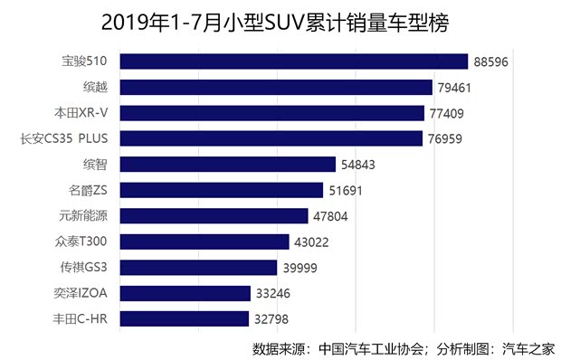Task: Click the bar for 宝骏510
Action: [x=293, y=62]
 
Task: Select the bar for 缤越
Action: [x=276, y=88]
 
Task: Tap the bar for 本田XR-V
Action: [x=271, y=113]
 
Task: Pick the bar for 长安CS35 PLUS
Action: [x=271, y=138]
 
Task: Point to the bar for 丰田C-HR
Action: [x=184, y=319]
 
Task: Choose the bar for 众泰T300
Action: [x=204, y=242]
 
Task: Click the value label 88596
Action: [x=493, y=62]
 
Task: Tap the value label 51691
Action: [x=350, y=191]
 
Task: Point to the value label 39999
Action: [x=304, y=268]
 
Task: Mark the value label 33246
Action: [x=277, y=294]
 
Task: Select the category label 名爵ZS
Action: [x=89, y=191]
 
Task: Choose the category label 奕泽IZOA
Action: [x=81, y=294]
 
